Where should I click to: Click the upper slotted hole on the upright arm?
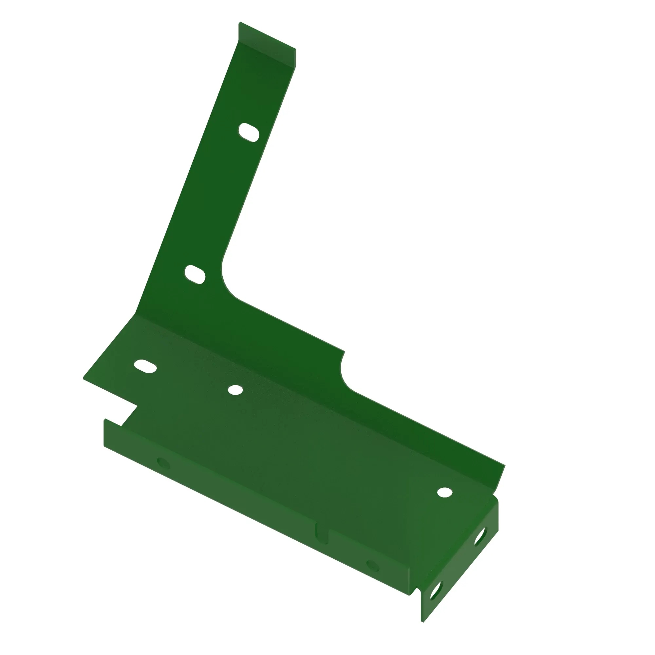[x=249, y=132]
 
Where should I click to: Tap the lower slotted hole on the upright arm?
[x=195, y=274]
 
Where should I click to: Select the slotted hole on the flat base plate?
[x=145, y=366]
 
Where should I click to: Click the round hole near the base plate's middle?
[x=235, y=390]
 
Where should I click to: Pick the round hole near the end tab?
[x=444, y=492]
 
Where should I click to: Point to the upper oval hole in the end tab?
[x=480, y=537]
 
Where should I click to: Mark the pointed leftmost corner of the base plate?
[x=84, y=378]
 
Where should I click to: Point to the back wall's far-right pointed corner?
[x=505, y=465]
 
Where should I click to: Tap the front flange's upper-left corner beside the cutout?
[x=105, y=420]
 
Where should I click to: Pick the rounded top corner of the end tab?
[x=495, y=498]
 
